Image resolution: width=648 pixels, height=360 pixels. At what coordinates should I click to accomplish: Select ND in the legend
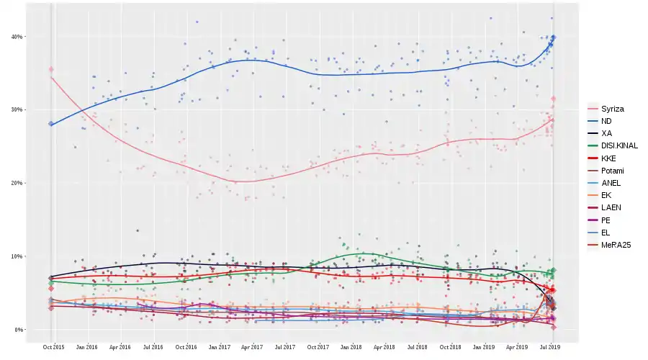coord(606,121)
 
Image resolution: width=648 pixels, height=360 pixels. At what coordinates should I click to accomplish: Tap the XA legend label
coord(606,133)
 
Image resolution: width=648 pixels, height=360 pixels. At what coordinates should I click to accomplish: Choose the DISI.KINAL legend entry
coord(618,145)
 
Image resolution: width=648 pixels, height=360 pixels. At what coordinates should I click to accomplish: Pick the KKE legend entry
coord(608,158)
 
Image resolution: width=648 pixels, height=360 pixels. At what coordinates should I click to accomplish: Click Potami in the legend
coord(612,171)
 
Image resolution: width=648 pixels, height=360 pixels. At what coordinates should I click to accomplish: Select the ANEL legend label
coord(611,183)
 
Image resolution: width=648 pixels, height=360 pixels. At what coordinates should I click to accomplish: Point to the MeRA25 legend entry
coord(616,245)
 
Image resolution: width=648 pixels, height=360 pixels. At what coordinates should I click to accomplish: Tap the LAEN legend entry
coord(611,207)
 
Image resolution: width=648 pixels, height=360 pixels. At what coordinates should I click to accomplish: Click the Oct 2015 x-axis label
coord(53,347)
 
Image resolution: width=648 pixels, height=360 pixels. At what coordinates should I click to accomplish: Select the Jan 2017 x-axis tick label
coord(220,347)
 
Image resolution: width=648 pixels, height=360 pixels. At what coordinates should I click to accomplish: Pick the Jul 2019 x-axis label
coord(551,347)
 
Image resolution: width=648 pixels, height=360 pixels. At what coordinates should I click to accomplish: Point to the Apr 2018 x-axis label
coord(384,347)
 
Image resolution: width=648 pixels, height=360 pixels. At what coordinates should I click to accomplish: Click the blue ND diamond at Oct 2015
coord(51,124)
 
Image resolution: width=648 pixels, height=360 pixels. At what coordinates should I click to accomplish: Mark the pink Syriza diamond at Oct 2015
coord(51,70)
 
